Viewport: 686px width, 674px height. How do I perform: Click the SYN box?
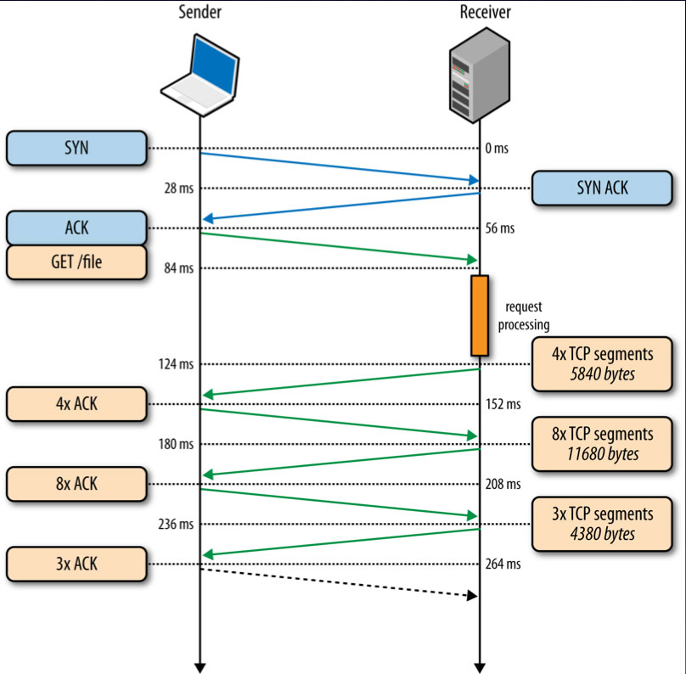[x=76, y=148]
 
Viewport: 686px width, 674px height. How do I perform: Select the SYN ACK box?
[x=602, y=188]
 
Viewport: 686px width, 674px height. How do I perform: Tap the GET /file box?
[x=76, y=262]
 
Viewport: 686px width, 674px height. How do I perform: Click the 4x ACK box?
[x=76, y=404]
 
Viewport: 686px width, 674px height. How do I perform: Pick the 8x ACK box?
[x=76, y=484]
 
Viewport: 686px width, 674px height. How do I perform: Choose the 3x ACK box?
[x=76, y=564]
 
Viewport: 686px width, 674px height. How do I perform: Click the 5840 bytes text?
[x=602, y=374]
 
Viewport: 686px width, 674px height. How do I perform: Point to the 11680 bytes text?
[x=603, y=454]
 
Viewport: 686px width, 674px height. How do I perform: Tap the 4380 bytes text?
[x=602, y=534]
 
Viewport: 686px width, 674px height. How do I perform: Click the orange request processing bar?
[x=480, y=315]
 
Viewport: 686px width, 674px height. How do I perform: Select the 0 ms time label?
[x=497, y=149]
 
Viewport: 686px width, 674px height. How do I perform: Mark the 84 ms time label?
[x=178, y=267]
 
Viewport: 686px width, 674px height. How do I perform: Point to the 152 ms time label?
[x=503, y=404]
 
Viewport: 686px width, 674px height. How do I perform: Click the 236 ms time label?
[x=176, y=524]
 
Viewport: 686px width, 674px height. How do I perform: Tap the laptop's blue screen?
[x=215, y=65]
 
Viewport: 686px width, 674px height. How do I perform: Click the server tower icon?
[x=480, y=75]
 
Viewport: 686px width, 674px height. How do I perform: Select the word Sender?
[x=200, y=12]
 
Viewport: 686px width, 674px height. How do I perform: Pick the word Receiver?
[x=485, y=12]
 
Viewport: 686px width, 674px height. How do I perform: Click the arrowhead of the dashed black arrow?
[x=473, y=595]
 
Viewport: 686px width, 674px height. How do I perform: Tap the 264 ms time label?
[x=503, y=564]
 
